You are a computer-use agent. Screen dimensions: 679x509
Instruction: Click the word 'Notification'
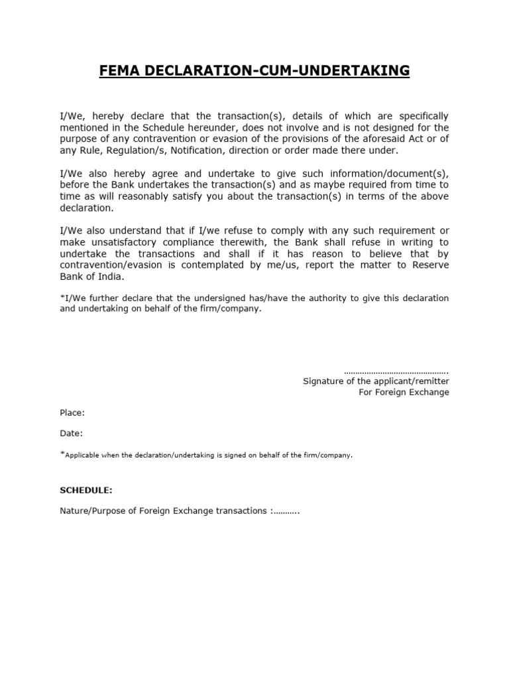[x=196, y=151]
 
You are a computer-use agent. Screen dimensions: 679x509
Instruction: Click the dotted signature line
[x=397, y=371]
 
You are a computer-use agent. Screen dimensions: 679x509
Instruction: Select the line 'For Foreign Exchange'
[x=404, y=393]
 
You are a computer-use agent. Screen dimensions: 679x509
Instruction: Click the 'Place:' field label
[x=72, y=413]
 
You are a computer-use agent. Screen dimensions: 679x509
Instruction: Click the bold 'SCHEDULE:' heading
[x=86, y=491]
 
